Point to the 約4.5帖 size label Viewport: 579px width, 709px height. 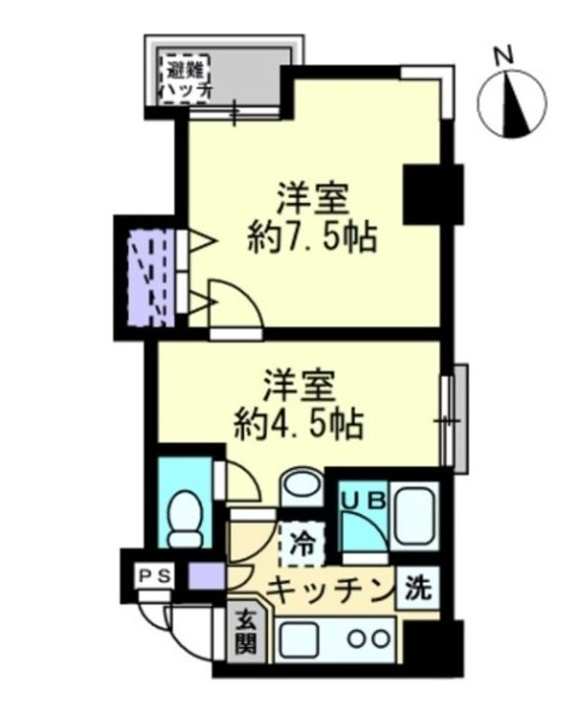click(299, 424)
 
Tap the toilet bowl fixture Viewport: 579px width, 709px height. click(183, 516)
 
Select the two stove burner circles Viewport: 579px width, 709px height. click(368, 637)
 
